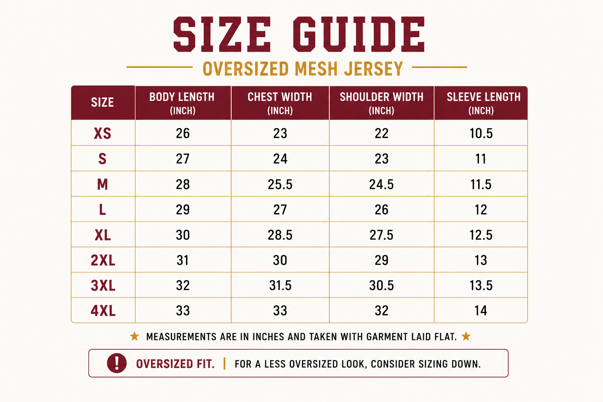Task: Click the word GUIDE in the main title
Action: pos(358,34)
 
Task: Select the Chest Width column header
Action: pos(280,103)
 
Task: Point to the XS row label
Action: pos(102,133)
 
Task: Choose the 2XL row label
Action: pos(103,260)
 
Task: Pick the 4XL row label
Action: pos(103,311)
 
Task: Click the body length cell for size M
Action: pos(183,185)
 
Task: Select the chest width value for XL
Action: pos(280,235)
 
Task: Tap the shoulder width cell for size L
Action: pos(382,210)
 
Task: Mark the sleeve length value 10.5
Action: pos(481,133)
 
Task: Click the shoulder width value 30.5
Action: pos(382,285)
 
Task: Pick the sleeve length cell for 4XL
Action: pos(481,311)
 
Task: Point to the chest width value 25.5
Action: pos(280,185)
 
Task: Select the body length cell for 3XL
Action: pos(183,285)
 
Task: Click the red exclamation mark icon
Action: pos(117,363)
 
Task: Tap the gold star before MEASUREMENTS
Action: pos(135,336)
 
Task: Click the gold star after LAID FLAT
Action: pos(466,336)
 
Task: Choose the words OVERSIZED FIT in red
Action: pos(175,364)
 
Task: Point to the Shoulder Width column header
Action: pos(382,103)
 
